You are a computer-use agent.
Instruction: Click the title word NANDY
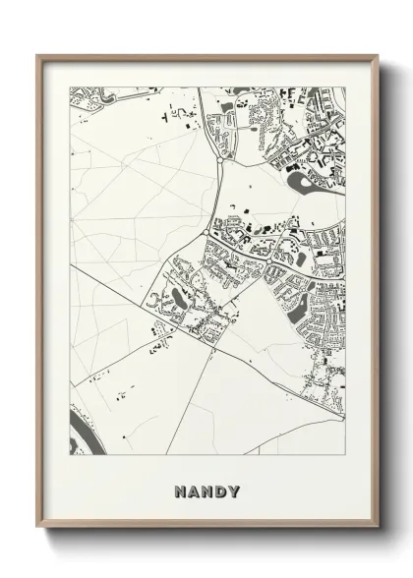[x=206, y=490]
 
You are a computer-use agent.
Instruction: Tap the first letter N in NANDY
[x=180, y=490]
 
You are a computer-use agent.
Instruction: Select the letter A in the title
[x=193, y=490]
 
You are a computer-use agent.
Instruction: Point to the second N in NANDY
[x=206, y=490]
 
